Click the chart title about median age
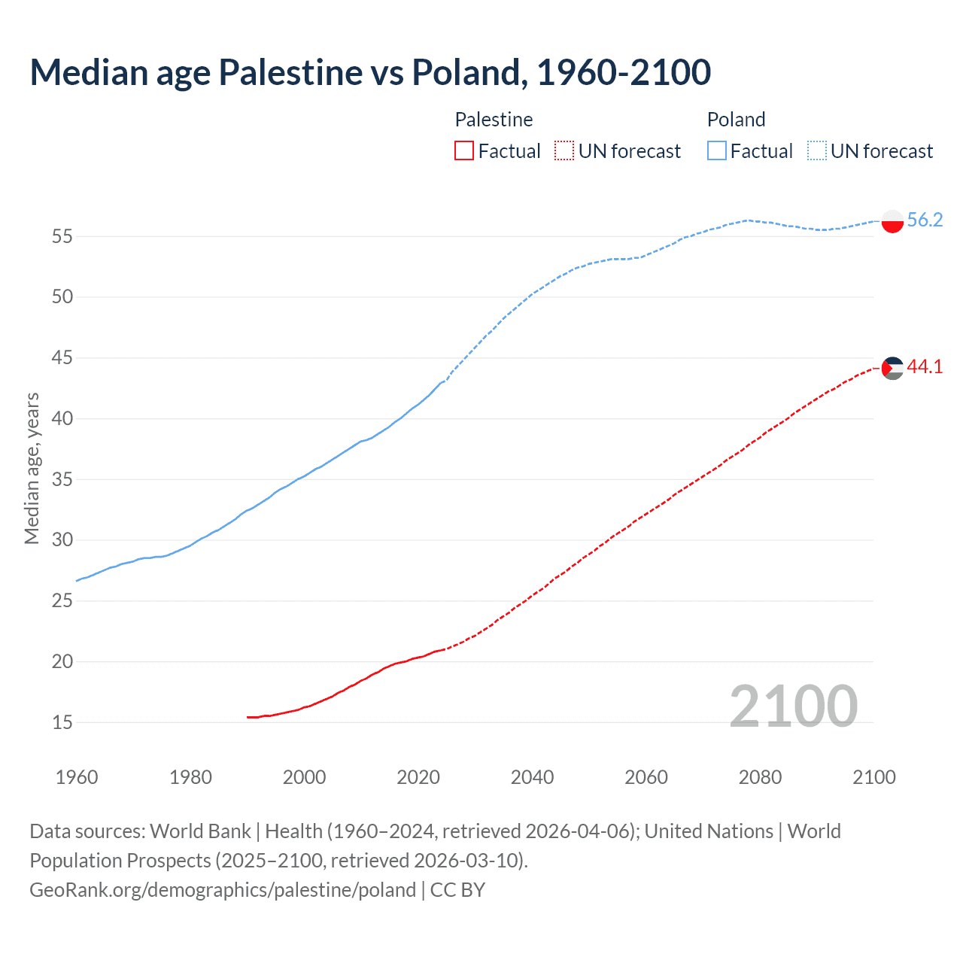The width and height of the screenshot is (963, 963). click(x=370, y=72)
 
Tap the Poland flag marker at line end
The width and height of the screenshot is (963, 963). click(x=892, y=221)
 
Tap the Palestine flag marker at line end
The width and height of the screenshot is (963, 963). click(x=892, y=368)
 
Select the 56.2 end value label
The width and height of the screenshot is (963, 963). click(x=925, y=220)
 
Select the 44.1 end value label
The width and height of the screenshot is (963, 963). click(x=925, y=367)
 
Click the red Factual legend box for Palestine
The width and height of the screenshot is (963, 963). click(x=464, y=151)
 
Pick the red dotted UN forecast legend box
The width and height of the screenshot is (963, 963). click(x=564, y=151)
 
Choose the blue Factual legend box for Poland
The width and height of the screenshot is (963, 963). click(x=717, y=151)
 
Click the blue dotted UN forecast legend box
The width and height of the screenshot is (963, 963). click(x=817, y=151)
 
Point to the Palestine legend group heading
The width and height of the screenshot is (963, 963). click(x=494, y=120)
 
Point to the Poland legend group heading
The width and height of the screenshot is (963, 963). click(x=736, y=120)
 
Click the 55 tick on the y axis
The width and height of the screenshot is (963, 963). click(x=62, y=236)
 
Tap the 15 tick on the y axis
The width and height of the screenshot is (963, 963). click(x=62, y=723)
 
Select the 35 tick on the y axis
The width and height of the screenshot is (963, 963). click(x=62, y=479)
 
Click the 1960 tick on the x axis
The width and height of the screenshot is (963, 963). click(x=77, y=777)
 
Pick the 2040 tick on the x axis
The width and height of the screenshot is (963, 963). click(x=532, y=777)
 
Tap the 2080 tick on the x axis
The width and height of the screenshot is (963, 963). click(x=760, y=777)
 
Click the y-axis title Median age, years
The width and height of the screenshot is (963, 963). click(x=32, y=468)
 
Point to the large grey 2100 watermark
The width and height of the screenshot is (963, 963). click(x=793, y=706)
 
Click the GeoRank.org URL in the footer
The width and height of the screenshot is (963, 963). click(x=223, y=890)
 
